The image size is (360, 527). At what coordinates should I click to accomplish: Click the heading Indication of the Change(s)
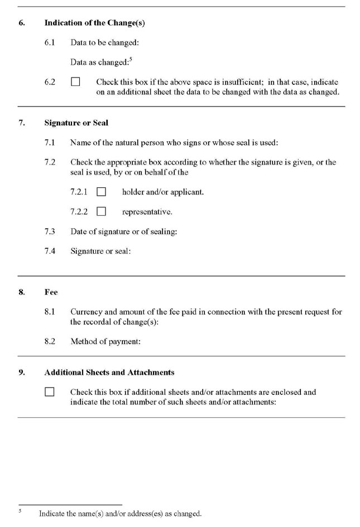click(94, 23)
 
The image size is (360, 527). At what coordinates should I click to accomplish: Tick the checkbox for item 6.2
click(75, 82)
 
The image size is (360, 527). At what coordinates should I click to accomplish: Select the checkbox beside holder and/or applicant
click(101, 192)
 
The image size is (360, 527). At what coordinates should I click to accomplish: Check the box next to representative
click(101, 211)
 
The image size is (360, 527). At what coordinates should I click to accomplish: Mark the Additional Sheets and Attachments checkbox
click(50, 392)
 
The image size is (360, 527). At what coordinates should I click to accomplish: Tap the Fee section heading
click(51, 292)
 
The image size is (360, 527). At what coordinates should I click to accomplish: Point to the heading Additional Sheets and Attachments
click(109, 372)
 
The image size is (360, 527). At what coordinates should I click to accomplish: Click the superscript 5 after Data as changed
click(131, 60)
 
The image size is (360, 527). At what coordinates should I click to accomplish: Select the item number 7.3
click(50, 231)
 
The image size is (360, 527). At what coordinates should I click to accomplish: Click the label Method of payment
click(105, 341)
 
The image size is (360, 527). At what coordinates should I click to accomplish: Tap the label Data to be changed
click(104, 42)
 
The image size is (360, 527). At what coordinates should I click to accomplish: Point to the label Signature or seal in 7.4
click(100, 251)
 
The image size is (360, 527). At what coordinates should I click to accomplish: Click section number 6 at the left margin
click(21, 23)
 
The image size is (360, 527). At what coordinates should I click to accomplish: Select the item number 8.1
click(50, 312)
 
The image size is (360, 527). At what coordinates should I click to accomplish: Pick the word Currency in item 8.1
click(86, 312)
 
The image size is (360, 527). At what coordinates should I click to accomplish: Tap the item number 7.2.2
click(79, 212)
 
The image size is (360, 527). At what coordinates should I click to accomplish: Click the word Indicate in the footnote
click(52, 514)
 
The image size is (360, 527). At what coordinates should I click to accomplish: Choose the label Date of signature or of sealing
click(123, 231)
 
